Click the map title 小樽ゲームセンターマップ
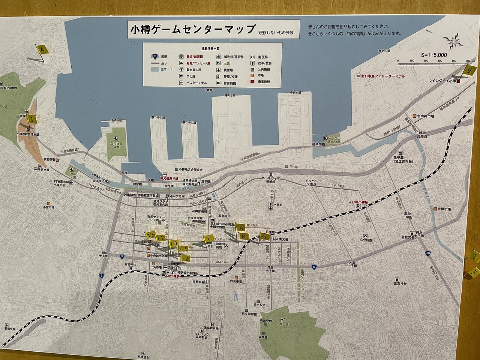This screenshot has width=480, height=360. (192, 29)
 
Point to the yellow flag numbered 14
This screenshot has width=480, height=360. (240, 228)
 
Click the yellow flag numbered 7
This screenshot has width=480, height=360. (208, 238)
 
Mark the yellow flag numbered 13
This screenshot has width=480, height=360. (151, 235)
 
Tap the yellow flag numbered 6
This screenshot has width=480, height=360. (264, 237)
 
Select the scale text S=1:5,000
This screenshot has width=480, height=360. (434, 55)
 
